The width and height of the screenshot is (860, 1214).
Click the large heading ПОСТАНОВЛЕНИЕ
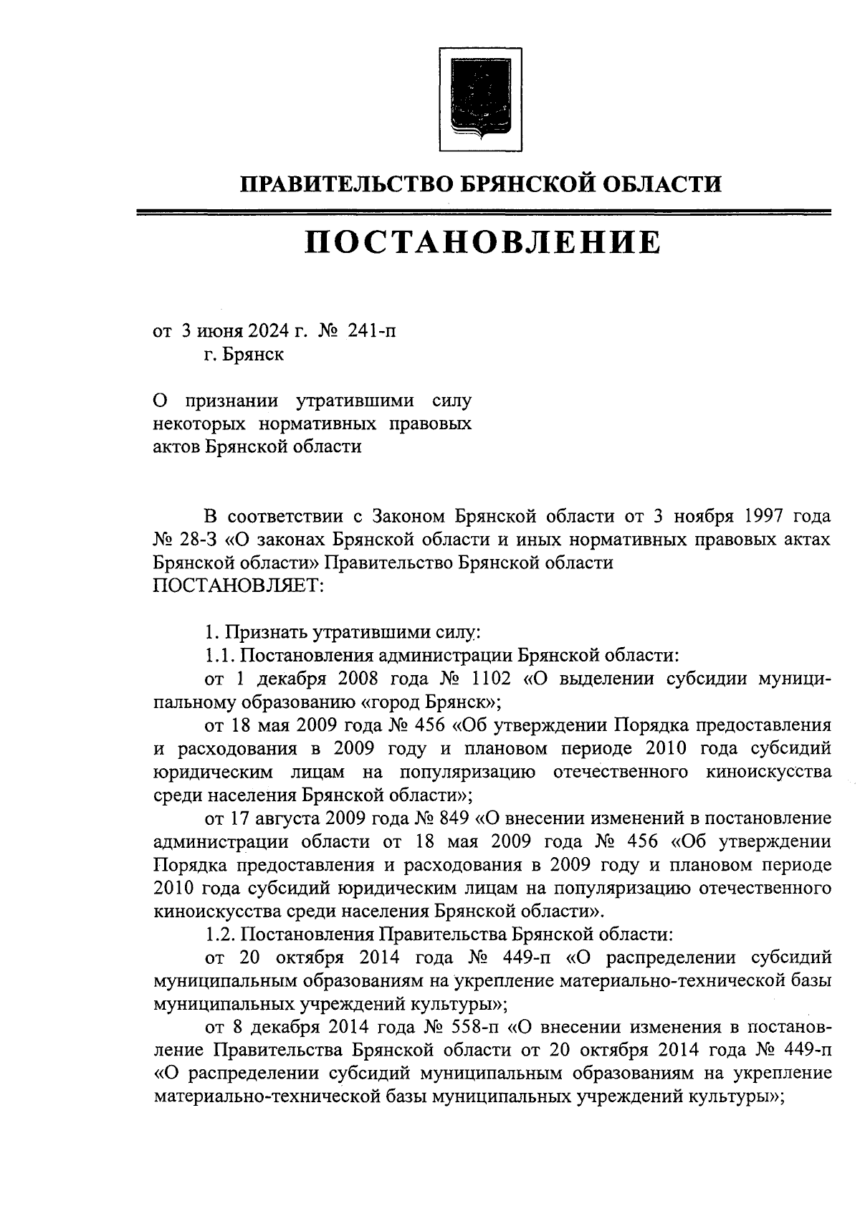point(482,243)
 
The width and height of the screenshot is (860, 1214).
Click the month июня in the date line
point(221,331)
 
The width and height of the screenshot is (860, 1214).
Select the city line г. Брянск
point(242,355)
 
